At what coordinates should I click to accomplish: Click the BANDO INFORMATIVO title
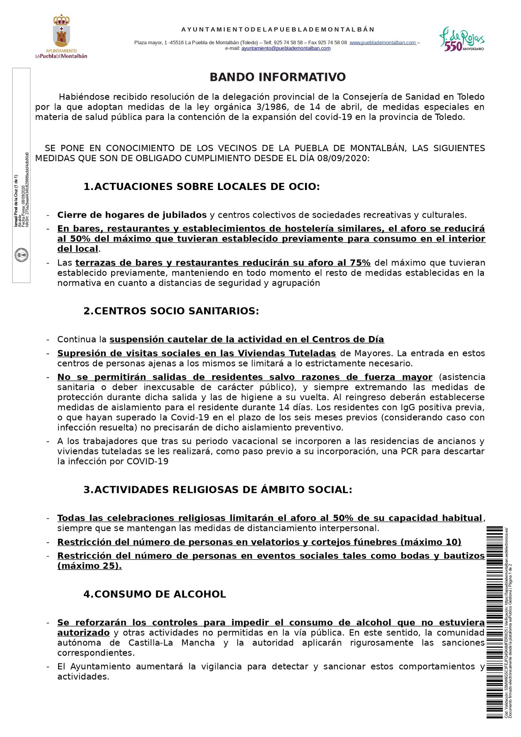277,77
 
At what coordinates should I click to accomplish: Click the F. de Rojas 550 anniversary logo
462,39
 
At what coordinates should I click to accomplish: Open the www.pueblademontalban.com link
383,43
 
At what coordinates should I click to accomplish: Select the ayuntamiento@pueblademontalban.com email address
286,48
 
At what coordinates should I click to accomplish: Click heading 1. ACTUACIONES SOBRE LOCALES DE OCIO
201,187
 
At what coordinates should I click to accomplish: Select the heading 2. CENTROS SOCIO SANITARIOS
171,311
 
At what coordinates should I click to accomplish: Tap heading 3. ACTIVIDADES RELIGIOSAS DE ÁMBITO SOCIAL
218,490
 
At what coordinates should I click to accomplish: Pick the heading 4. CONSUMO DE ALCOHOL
154,595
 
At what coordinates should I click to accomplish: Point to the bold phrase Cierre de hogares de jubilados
132,215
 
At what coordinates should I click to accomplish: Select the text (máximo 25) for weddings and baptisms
89,566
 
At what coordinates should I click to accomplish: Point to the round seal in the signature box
21,255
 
